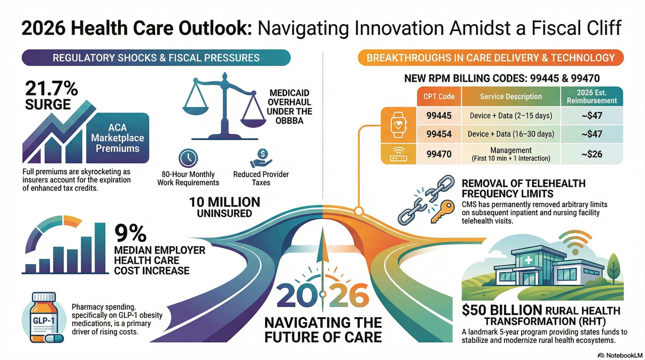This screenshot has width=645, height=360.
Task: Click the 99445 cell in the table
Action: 439,116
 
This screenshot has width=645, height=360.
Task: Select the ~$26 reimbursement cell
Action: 592,154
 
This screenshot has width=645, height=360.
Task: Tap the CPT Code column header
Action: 439,96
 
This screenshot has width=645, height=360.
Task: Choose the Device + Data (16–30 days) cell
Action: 511,134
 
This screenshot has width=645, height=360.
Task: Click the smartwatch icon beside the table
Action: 399,125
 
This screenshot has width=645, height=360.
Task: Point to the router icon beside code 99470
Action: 399,154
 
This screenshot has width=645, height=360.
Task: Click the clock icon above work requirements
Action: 188,158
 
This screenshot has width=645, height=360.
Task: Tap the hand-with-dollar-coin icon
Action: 261,158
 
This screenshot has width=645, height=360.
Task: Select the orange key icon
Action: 442,212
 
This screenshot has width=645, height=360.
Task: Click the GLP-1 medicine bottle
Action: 44,317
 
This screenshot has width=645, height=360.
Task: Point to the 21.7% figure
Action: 51,89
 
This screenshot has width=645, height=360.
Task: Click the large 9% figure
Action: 131,233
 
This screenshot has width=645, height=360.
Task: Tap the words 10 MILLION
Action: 225,202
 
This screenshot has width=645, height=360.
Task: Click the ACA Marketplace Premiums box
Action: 117,138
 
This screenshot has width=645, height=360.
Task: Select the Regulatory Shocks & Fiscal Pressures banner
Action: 156,57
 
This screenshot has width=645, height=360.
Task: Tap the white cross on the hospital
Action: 529,260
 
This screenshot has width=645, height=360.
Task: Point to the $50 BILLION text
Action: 502,310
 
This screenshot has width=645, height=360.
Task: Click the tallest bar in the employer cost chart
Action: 100,248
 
